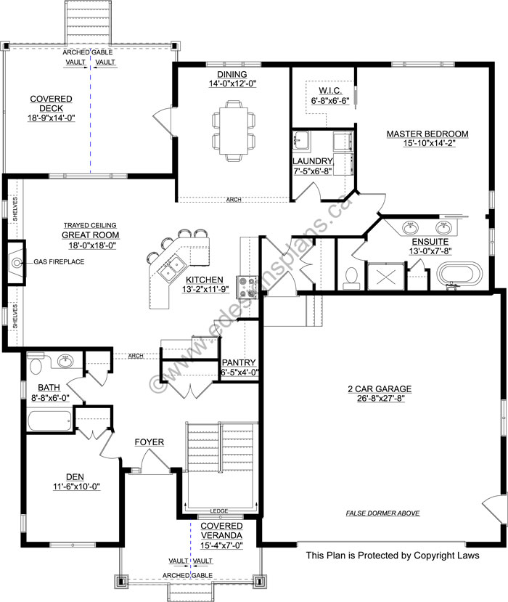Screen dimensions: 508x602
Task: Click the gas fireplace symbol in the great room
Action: (16, 263)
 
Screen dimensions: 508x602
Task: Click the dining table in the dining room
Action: (233, 131)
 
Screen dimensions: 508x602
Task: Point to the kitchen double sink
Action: (171, 267)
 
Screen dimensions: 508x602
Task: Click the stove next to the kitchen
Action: (247, 287)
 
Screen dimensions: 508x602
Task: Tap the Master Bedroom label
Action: (427, 134)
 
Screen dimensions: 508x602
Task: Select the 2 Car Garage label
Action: (380, 389)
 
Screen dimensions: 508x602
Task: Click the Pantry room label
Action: (239, 362)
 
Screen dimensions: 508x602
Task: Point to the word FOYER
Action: (149, 442)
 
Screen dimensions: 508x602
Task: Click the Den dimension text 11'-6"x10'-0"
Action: (76, 487)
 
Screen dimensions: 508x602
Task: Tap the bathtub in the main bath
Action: (50, 421)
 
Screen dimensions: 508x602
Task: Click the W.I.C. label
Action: (330, 91)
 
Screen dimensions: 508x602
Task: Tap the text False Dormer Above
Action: (382, 513)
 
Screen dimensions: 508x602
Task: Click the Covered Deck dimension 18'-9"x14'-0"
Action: (51, 118)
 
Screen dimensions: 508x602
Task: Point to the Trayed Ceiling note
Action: (90, 225)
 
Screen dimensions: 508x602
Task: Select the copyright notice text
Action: (393, 555)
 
